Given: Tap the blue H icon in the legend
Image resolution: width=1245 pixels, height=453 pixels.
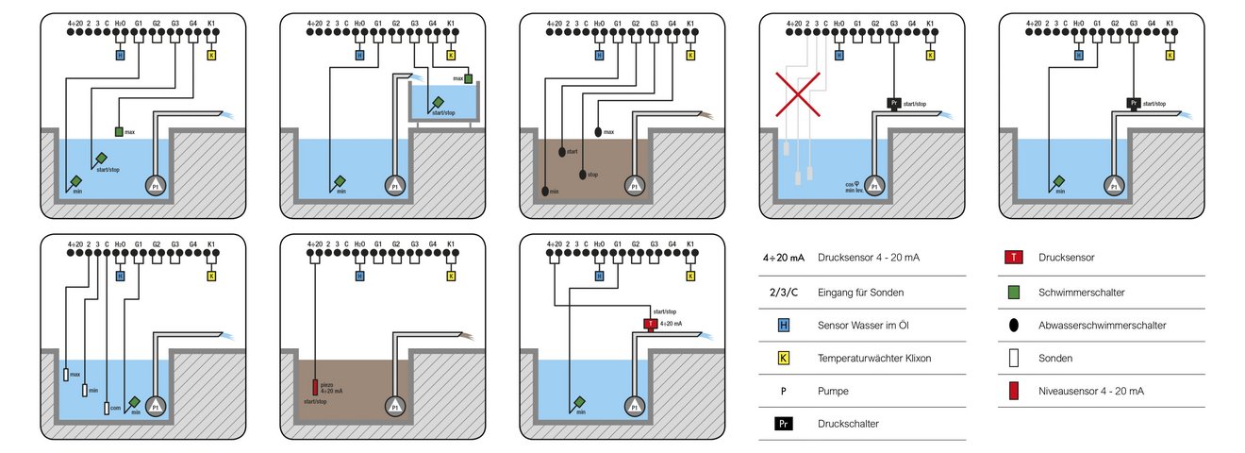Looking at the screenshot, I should coord(783,325).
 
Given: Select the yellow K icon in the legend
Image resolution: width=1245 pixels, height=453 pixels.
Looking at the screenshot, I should coord(783,359).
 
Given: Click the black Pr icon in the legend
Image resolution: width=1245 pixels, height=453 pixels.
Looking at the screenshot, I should coord(783,424).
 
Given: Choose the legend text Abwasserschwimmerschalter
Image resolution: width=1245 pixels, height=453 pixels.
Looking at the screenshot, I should coord(1102,325).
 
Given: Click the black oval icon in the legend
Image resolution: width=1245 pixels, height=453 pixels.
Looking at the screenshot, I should coord(1012,325).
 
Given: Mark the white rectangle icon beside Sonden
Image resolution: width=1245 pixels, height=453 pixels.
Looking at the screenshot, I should coord(1012,359).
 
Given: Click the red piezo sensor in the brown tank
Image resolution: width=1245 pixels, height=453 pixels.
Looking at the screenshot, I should coord(316,387).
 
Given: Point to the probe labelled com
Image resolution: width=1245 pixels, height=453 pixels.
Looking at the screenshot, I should coord(107,410).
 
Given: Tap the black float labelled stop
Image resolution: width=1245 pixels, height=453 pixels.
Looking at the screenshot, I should coord(582,174).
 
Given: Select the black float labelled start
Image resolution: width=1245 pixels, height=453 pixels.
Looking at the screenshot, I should coord(563,151).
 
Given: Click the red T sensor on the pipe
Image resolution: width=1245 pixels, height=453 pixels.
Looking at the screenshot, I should coord(650,324).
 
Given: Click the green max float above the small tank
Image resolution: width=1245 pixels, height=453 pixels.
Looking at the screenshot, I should coord(469,78).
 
